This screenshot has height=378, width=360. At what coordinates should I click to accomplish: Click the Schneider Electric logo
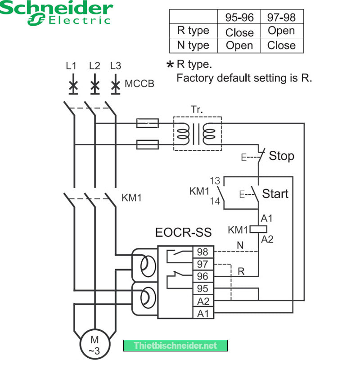[x=56, y=13]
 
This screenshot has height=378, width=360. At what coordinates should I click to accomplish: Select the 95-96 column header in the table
[x=239, y=17]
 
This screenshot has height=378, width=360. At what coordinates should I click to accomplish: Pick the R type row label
[x=193, y=31]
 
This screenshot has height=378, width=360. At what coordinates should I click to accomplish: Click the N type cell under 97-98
[x=281, y=45]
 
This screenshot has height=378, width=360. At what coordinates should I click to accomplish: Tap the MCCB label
[x=139, y=84]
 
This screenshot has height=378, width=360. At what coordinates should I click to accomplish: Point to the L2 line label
[x=94, y=66]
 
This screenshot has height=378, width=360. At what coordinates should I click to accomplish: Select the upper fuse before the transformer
[x=148, y=122]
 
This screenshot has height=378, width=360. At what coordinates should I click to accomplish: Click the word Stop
[x=281, y=156]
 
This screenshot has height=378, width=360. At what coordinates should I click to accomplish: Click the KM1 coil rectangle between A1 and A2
[x=259, y=229]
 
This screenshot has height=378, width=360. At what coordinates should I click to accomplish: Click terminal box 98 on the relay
[x=202, y=252]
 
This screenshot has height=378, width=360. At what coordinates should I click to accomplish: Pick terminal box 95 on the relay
[x=202, y=288]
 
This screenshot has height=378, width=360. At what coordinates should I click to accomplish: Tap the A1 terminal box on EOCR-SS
[x=202, y=313]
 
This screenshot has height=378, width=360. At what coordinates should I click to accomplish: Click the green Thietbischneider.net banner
[x=175, y=346]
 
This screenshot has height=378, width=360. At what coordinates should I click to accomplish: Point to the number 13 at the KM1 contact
[x=215, y=181]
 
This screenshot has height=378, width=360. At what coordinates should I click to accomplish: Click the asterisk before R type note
[x=170, y=65]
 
